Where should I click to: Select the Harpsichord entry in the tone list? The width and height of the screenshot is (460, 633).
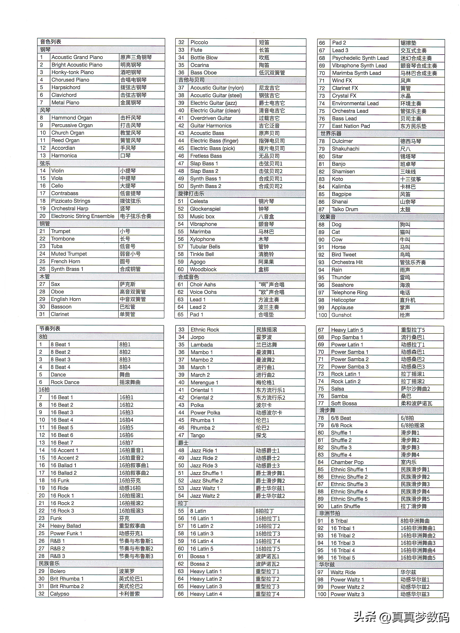[x=66, y=87]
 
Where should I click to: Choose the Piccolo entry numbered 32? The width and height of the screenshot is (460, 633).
[x=199, y=42]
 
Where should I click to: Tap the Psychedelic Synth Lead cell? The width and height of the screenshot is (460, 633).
[x=360, y=58]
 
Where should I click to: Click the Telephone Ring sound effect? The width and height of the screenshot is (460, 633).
[x=349, y=293]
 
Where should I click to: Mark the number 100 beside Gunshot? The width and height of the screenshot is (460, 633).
[x=322, y=315]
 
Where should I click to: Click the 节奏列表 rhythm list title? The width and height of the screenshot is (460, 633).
[x=50, y=329]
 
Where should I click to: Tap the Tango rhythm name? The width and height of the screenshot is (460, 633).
[x=197, y=435]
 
